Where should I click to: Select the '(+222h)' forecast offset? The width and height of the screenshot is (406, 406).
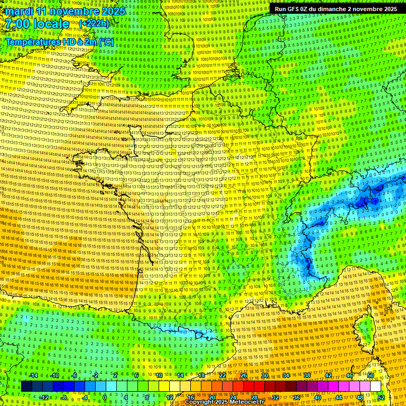[94, 24]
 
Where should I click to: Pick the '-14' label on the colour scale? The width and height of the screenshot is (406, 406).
[33, 375]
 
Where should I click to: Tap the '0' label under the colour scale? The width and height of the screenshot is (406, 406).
[105, 397]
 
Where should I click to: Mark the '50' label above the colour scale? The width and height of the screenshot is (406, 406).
[371, 375]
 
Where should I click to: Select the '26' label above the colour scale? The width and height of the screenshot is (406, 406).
[244, 375]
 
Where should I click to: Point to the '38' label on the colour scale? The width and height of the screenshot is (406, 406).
[307, 375]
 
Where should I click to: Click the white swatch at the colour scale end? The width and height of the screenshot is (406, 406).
[375, 386]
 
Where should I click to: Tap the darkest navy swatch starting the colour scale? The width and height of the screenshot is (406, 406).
[27, 386]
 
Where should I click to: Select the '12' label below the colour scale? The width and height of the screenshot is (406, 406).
[170, 397]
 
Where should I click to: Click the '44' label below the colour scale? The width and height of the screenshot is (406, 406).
[339, 397]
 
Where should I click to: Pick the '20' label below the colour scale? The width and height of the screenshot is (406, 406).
[212, 397]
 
